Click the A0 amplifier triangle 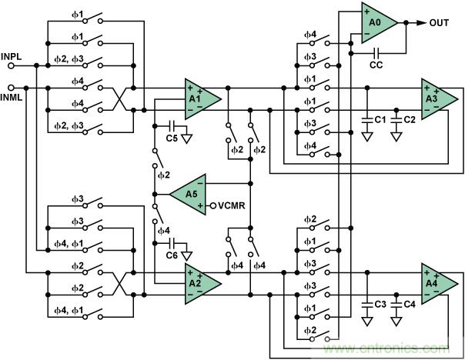[x=377, y=23]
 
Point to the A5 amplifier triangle [x=187, y=195]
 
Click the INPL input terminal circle [x=11, y=66]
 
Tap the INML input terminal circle [x=11, y=88]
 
